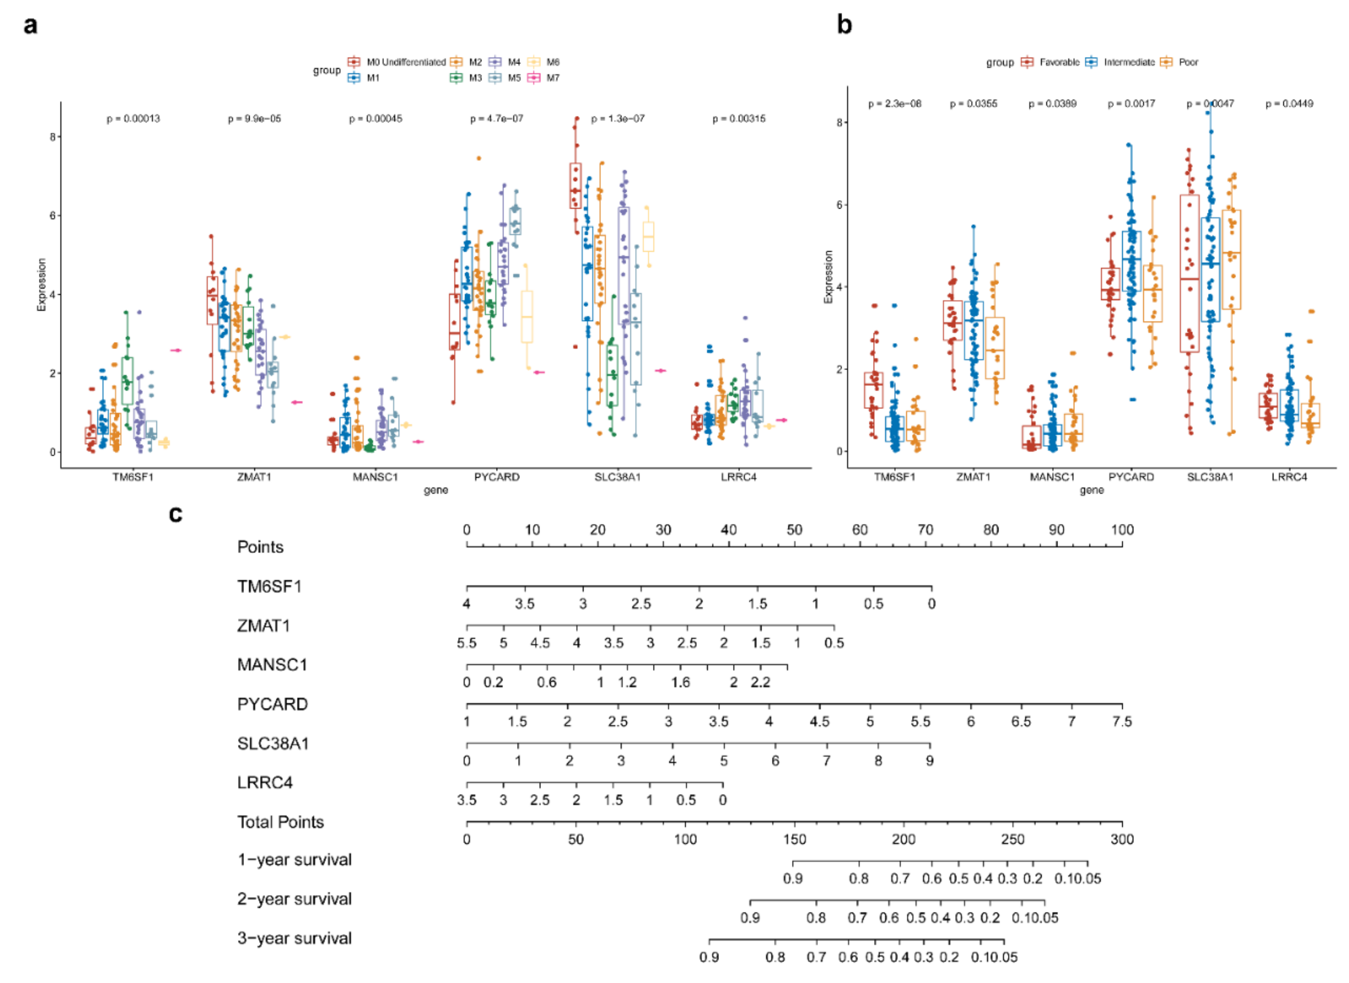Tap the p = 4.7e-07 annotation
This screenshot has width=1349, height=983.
(496, 119)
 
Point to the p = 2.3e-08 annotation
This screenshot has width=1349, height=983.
(894, 103)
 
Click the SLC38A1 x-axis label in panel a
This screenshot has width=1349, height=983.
(617, 476)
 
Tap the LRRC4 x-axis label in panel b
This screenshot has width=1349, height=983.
(1289, 476)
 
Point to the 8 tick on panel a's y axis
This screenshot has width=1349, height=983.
(53, 137)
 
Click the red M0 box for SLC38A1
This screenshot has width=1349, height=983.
(575, 186)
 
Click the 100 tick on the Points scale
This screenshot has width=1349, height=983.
(1121, 530)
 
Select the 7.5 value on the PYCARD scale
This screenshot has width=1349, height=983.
(1121, 721)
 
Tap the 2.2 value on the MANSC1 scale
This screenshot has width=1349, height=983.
(760, 682)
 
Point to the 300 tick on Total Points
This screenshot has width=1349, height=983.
(1121, 839)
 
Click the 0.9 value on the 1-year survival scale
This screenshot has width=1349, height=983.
(792, 878)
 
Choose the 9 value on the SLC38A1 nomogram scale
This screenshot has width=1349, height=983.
(929, 761)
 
